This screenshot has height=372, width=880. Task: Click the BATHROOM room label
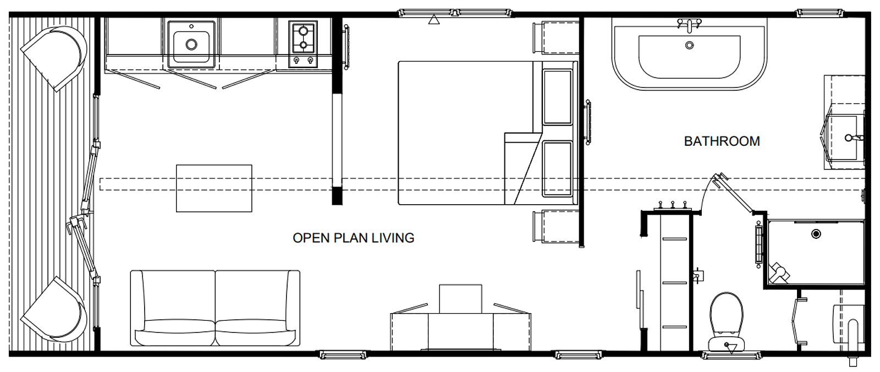[722, 141]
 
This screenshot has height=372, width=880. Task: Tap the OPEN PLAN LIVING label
[353, 238]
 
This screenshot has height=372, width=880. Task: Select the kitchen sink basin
[191, 45]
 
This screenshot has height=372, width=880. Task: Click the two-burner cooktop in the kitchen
[303, 44]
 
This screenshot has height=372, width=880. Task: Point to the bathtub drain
[690, 45]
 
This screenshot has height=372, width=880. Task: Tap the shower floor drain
[816, 234]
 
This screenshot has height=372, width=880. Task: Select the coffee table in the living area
[214, 188]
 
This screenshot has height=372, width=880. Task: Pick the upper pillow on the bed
[557, 97]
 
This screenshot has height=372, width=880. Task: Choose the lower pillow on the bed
[557, 169]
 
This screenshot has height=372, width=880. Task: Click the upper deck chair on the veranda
[55, 58]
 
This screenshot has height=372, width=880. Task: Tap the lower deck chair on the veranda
[55, 309]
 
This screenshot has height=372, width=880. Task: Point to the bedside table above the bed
[556, 37]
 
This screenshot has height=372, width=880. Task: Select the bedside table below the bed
[556, 226]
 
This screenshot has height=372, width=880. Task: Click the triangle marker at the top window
[434, 20]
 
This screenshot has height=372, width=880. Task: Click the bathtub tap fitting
[690, 25]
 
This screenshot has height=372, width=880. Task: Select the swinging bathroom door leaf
[733, 193]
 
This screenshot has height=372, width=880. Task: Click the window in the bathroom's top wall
[820, 13]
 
